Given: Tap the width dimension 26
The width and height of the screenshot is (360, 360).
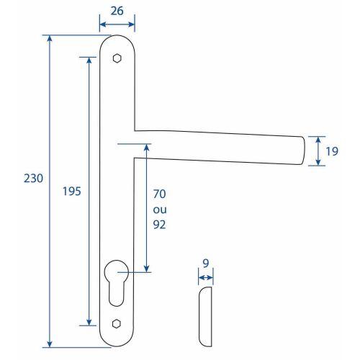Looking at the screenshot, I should pos(115,12).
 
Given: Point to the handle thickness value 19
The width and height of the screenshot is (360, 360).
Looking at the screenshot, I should pos(331,152).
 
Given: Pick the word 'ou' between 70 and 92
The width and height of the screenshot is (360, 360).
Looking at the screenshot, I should pos(160,209).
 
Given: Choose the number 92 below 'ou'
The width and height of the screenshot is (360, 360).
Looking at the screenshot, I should pos(160,224).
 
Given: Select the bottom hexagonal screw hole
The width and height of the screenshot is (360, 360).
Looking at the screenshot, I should pos(117,322).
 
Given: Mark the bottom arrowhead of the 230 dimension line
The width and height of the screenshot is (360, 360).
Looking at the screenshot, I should pos(50,344).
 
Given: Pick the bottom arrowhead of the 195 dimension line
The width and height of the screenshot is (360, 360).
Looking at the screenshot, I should pos(89,324).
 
